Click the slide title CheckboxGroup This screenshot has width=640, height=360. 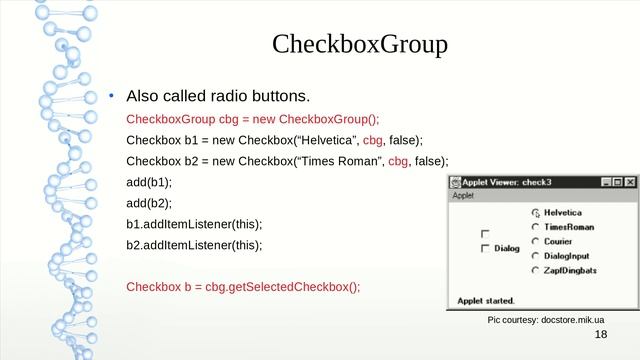pos(360,45)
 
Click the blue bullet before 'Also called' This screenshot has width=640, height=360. pos(112,97)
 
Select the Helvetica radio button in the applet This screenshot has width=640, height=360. pos(536,213)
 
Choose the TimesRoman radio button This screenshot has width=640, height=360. pos(536,227)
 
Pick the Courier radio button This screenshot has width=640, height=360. pos(536,241)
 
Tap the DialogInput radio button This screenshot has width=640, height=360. pos(536,255)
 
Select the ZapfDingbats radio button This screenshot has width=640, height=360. pos(536,270)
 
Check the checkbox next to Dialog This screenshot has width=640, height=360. pos(486,248)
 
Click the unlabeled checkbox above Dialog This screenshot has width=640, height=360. pos(486,234)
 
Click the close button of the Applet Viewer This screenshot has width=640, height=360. pos(629,182)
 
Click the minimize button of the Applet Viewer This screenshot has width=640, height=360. pos(605,182)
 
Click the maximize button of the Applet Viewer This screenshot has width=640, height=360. pos(617,182)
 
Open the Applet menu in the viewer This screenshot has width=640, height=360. pos(463,195)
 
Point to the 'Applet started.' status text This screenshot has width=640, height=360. pos(486,300)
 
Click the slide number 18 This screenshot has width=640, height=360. pos(600,336)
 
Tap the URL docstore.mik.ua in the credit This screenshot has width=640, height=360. pos(573,319)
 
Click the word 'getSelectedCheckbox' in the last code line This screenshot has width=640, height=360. pos(294,287)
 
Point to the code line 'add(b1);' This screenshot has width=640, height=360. pos(149,182)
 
